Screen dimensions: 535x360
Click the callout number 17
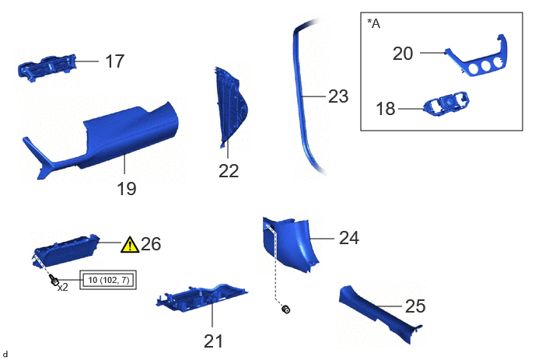[x=114, y=61]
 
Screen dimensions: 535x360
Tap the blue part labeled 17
[x=47, y=67]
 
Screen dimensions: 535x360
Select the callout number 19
[x=126, y=188]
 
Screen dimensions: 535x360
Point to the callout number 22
[x=229, y=170]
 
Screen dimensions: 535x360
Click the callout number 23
[x=338, y=96]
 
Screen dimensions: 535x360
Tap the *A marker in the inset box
[x=373, y=23]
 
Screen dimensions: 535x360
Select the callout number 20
[x=403, y=54]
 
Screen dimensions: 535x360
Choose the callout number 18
[x=385, y=109]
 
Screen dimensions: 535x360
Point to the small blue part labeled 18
[x=446, y=104]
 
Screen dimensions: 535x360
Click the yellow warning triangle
[x=130, y=245]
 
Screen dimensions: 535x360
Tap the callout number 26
[x=151, y=244]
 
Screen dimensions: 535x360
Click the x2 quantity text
[x=63, y=288]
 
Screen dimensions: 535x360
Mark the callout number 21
[x=213, y=341]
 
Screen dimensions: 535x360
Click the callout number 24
[x=349, y=238]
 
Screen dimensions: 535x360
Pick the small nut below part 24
[x=286, y=309]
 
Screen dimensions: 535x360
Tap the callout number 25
[x=415, y=306]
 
